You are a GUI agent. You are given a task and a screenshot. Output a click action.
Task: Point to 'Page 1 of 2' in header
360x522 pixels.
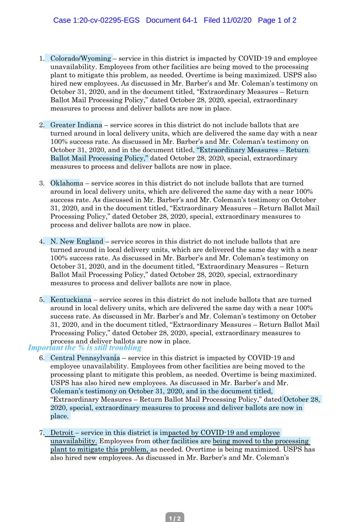click(277, 20)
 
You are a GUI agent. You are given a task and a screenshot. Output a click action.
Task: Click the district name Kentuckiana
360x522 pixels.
click(70, 299)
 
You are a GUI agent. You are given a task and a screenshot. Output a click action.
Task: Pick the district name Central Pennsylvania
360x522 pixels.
click(85, 358)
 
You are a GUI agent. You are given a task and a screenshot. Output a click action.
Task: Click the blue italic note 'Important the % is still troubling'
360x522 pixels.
click(84, 348)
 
